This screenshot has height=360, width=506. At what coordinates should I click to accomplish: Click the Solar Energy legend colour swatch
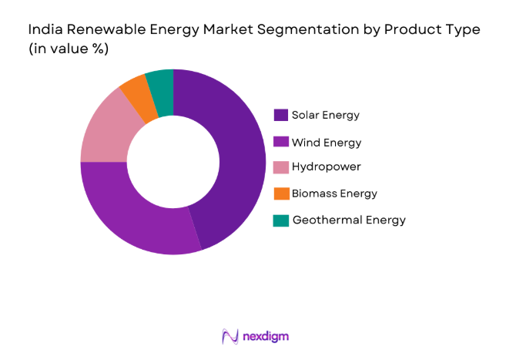click(281, 115)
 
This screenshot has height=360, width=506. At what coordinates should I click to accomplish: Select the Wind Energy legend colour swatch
click(281, 141)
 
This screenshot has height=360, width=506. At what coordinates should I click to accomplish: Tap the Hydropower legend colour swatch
click(281, 167)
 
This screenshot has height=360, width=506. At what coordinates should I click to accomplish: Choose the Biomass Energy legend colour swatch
click(281, 193)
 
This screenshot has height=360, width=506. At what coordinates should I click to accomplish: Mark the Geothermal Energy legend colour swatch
click(281, 220)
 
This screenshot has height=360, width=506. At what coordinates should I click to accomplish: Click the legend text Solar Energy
click(326, 116)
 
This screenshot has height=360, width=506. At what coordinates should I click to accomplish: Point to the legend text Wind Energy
click(327, 142)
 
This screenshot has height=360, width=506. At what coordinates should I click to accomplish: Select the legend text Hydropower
click(326, 167)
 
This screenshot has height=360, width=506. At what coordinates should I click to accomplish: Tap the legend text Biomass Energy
click(334, 193)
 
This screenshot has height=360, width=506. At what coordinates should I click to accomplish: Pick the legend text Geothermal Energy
click(348, 220)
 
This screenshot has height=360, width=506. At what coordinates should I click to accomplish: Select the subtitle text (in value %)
click(68, 49)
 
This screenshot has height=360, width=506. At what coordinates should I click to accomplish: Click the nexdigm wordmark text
click(264, 337)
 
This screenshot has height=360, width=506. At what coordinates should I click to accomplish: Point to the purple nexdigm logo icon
click(230, 337)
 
